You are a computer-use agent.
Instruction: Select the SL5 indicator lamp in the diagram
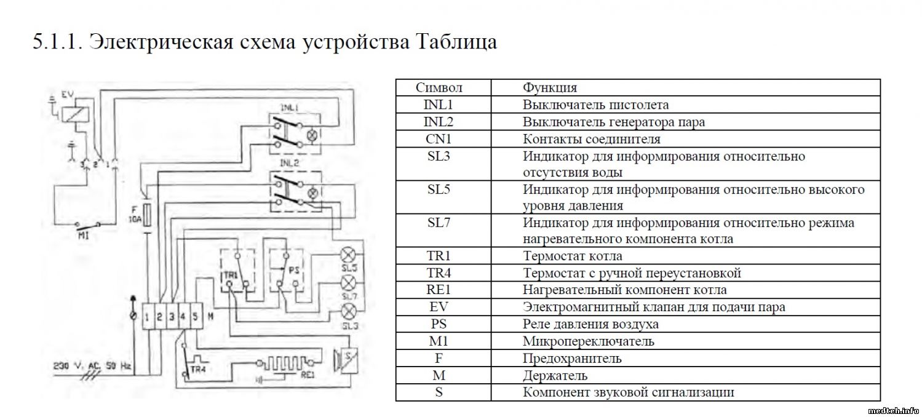[x=349, y=256]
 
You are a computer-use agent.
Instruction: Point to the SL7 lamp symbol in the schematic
[x=349, y=283]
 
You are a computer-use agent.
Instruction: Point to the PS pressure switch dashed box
[x=287, y=271]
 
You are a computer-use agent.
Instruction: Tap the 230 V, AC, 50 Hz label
[x=92, y=365]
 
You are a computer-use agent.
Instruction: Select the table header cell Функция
[x=550, y=88]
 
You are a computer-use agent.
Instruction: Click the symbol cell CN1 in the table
[x=439, y=139]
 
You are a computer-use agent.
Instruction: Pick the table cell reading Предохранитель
[x=572, y=358]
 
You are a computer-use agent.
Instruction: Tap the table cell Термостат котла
[x=573, y=256]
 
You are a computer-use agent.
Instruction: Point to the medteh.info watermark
[x=893, y=410]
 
